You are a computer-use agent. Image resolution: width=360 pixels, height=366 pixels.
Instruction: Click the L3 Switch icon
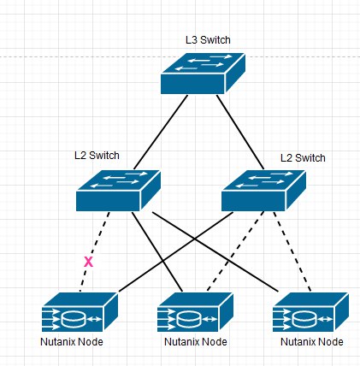click(203, 74)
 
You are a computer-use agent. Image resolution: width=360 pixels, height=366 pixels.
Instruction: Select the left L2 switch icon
click(118, 191)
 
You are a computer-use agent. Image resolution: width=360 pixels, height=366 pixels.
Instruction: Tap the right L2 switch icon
click(263, 191)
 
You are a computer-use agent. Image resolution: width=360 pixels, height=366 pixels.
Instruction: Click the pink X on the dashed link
click(88, 262)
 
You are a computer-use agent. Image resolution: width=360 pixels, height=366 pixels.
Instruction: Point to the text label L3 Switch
click(208, 40)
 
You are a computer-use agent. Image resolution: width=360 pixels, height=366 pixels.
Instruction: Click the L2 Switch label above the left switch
click(97, 156)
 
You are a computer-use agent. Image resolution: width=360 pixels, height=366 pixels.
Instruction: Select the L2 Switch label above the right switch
click(303, 158)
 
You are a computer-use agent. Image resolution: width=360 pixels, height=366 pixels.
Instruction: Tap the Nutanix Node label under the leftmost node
click(72, 341)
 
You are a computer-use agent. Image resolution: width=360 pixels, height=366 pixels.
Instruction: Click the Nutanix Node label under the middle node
click(196, 341)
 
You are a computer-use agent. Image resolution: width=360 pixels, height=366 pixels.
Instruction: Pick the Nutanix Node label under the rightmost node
click(312, 341)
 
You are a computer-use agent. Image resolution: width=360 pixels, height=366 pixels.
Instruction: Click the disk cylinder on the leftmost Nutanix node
click(74, 319)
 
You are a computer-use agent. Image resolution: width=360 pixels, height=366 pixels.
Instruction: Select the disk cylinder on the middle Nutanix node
click(189, 319)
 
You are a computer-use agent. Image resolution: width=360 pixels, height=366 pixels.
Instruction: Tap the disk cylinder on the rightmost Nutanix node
click(304, 319)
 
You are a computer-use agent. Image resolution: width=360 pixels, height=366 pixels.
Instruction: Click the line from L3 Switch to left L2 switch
click(161, 132)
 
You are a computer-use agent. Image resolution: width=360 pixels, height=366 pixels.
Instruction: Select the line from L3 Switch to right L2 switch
click(240, 132)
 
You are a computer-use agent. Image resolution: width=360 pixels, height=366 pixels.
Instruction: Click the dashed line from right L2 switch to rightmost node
click(292, 251)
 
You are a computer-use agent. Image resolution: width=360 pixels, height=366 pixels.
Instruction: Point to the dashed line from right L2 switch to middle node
click(235, 251)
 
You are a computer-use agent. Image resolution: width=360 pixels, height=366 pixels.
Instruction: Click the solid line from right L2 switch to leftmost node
click(176, 251)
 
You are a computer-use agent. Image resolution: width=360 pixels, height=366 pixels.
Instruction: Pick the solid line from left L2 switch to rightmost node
click(215, 251)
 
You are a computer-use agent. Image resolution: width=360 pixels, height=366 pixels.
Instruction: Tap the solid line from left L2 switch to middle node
click(157, 251)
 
